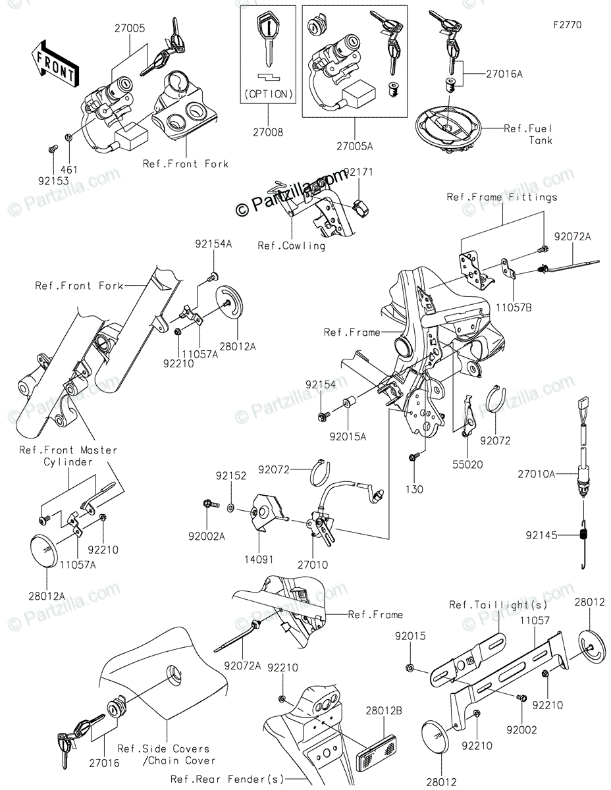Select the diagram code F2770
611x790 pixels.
[568, 26]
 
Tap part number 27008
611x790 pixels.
[269, 132]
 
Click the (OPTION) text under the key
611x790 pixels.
[269, 94]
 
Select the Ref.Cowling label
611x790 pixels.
[291, 246]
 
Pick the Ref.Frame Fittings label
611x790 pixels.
[502, 196]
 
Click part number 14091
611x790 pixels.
[257, 564]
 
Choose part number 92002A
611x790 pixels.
[209, 537]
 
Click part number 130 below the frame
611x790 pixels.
[415, 489]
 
